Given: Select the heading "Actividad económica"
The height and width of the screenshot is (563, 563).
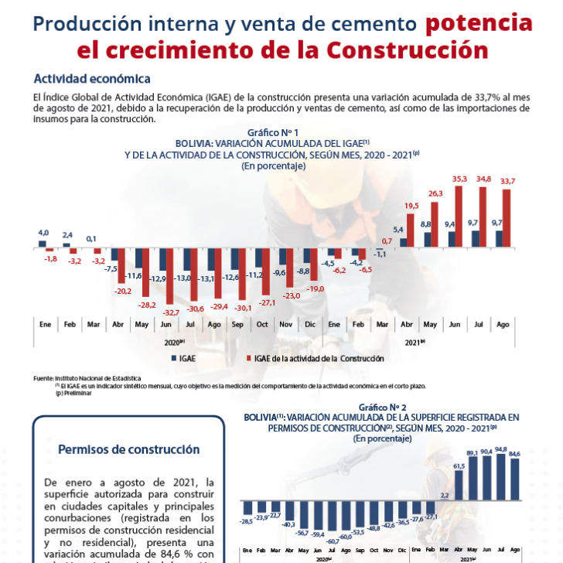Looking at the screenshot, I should point(91,79).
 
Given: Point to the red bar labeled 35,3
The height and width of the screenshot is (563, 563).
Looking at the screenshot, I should point(461,217).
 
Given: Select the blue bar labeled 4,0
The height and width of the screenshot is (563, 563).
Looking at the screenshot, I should point(43,243).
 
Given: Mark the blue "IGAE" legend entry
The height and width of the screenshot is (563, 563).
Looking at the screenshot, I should point(183,358).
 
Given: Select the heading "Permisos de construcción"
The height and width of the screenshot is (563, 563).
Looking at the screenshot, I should point(129,449).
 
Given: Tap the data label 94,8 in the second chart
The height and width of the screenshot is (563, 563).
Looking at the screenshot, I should point(502,449).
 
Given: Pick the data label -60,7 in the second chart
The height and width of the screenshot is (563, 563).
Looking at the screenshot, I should point(333,541).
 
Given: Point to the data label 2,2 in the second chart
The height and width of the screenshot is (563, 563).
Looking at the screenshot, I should point(444,495).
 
